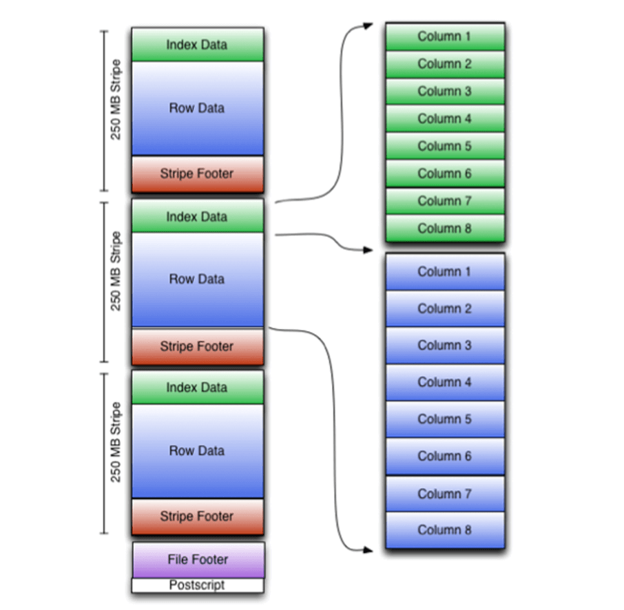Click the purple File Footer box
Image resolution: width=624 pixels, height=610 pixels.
[198, 559]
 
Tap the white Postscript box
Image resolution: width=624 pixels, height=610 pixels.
[198, 585]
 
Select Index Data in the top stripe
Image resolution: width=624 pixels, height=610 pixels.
[197, 45]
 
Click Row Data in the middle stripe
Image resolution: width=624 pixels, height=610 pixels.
[197, 279]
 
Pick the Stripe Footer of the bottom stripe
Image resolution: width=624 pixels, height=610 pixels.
[197, 516]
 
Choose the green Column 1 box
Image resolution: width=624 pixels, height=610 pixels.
[444, 36]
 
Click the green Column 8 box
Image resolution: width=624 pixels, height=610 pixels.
[444, 229]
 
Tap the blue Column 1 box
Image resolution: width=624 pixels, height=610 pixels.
[444, 272]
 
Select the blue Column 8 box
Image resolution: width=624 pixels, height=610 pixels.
[444, 530]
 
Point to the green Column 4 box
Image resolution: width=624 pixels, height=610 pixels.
[444, 118]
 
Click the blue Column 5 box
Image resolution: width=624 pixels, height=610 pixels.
[444, 419]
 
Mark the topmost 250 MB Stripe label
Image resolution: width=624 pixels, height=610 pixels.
[116, 110]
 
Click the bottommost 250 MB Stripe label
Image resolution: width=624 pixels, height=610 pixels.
[116, 452]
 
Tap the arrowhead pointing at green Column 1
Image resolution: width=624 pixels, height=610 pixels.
[368, 26]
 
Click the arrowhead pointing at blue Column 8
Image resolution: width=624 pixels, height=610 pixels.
[368, 549]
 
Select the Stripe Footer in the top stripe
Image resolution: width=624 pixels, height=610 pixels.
[197, 174]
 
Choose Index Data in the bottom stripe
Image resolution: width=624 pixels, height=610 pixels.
[197, 388]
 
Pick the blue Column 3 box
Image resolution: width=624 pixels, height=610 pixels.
[444, 346]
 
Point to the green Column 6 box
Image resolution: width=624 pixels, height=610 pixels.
[444, 173]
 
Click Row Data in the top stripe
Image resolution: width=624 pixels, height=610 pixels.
[197, 108]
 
